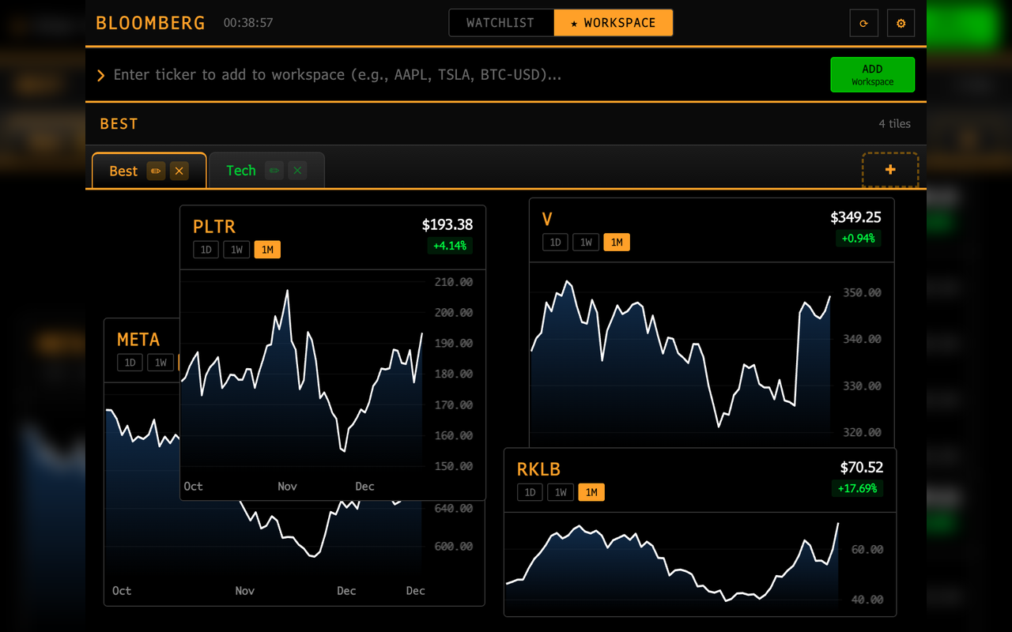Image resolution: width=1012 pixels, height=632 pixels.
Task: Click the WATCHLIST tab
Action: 500,23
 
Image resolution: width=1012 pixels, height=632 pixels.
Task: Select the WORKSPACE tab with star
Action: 614,23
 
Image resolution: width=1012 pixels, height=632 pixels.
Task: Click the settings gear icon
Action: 901,24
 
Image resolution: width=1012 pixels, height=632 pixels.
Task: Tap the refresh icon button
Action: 863,24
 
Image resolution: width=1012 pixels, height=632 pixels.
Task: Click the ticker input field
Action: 459,75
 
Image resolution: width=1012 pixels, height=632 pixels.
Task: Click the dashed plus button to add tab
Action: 890,170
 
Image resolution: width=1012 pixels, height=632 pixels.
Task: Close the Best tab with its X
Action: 179,171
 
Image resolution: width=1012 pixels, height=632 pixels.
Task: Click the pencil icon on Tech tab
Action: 274,171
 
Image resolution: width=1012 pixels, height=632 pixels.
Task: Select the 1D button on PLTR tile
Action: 206,250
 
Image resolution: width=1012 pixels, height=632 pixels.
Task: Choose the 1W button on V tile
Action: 586,242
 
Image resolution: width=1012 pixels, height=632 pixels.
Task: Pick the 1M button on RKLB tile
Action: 591,492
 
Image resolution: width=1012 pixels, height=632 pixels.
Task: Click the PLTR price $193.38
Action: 447,225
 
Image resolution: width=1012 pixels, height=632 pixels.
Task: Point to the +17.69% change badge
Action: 857,488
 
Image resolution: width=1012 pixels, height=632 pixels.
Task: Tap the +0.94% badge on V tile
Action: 858,238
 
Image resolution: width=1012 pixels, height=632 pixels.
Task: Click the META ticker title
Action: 138,340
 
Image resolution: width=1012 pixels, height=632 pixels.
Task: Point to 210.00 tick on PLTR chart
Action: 454,282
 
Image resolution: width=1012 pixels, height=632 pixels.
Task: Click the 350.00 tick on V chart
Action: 862,292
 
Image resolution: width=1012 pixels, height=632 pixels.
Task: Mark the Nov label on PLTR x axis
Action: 287,487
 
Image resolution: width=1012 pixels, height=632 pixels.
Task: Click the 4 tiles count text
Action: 894,124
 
